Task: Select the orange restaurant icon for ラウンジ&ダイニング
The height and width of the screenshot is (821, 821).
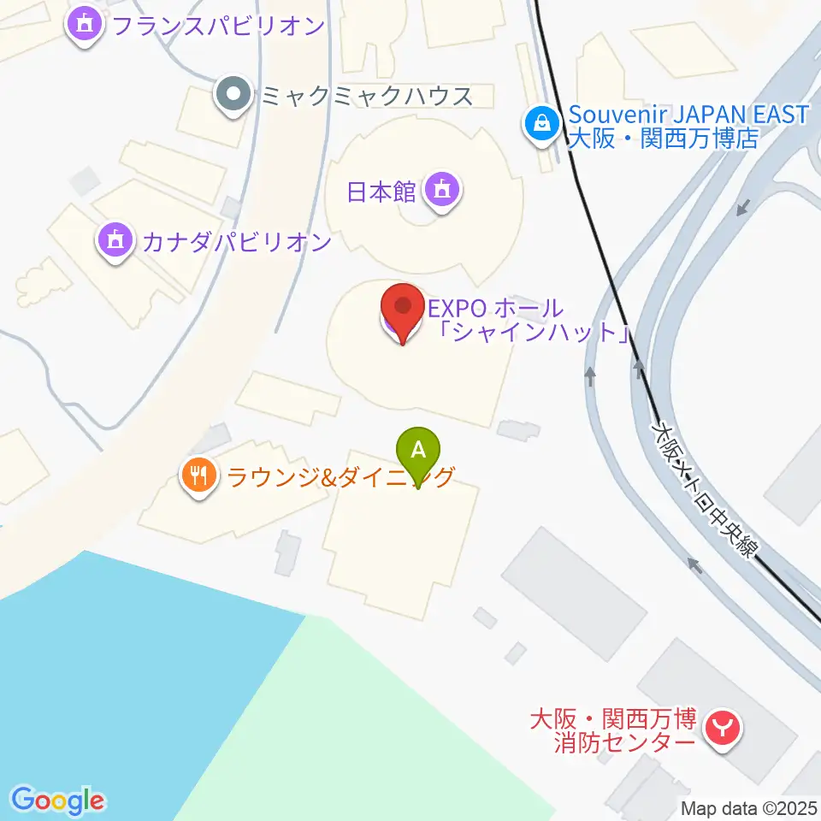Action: pos(200,475)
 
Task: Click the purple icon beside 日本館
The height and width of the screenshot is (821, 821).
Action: pos(441,190)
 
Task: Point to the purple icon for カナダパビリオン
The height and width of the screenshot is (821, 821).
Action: pos(115,242)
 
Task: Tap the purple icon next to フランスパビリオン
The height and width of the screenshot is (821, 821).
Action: pos(85,25)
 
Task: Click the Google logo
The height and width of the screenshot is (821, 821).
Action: pos(57,800)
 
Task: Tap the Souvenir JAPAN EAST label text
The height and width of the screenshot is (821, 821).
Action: pos(688,115)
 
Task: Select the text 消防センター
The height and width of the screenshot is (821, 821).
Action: pos(623,743)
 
